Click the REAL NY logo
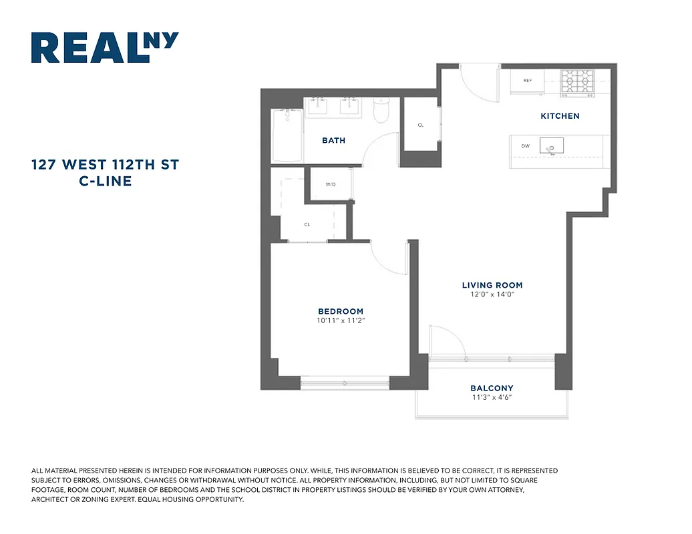click(x=105, y=48)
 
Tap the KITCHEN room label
click(x=560, y=116)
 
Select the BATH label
click(x=333, y=140)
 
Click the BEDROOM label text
click(x=341, y=311)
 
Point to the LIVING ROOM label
click(x=492, y=285)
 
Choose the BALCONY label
click(x=492, y=388)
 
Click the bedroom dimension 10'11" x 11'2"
click(x=341, y=321)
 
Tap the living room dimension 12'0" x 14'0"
click(x=492, y=294)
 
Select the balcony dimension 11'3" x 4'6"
click(x=492, y=398)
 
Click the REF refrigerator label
click(x=528, y=81)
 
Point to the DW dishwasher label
click(x=525, y=146)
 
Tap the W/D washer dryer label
click(x=331, y=184)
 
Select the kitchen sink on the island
click(x=551, y=146)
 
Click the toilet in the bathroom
click(x=381, y=111)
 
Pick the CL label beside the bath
click(x=421, y=125)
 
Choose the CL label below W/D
click(x=307, y=225)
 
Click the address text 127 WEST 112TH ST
click(x=105, y=164)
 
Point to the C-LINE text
click(x=105, y=180)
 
